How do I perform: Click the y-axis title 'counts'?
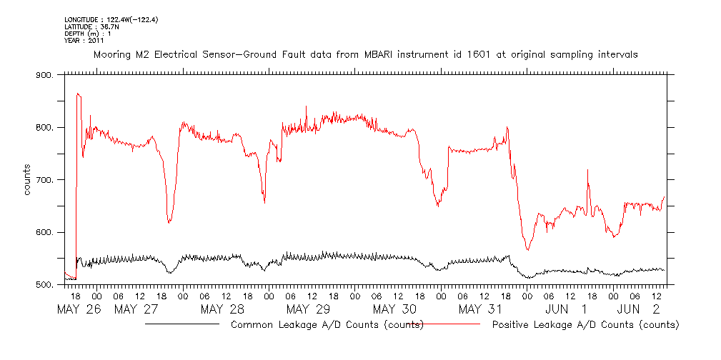tap(27, 180)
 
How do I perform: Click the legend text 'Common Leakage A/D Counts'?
tap(327, 325)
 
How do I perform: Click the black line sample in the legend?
tap(182, 324)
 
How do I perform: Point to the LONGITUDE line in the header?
tap(111, 19)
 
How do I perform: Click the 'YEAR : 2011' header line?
tap(84, 41)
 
